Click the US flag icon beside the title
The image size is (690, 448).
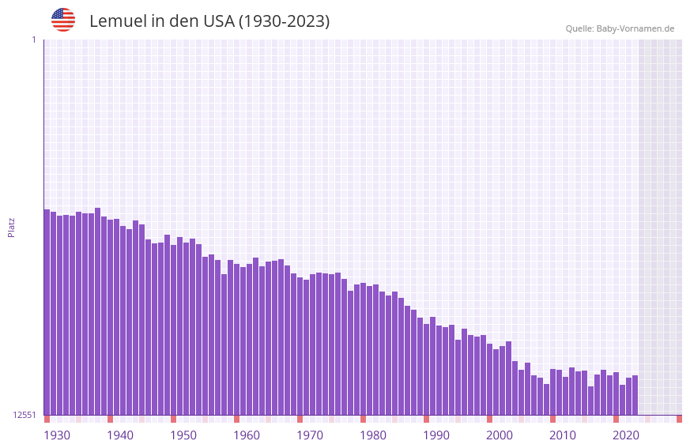(x=63, y=20)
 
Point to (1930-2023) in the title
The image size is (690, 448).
(x=285, y=21)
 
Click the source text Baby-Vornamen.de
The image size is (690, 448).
(x=635, y=28)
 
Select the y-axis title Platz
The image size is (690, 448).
(x=11, y=227)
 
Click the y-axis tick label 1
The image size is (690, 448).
(x=33, y=40)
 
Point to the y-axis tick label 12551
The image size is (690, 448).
(x=25, y=415)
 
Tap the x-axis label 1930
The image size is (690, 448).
(x=57, y=435)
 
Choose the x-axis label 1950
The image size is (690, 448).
(x=183, y=435)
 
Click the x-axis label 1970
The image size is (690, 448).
(x=310, y=435)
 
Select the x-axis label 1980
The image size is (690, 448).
(x=373, y=435)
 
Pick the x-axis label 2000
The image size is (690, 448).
(x=500, y=435)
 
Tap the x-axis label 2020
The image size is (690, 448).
(x=626, y=435)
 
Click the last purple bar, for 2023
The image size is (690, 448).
(x=635, y=395)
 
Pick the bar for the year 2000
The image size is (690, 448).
(x=489, y=379)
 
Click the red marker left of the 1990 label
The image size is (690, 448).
(x=426, y=419)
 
